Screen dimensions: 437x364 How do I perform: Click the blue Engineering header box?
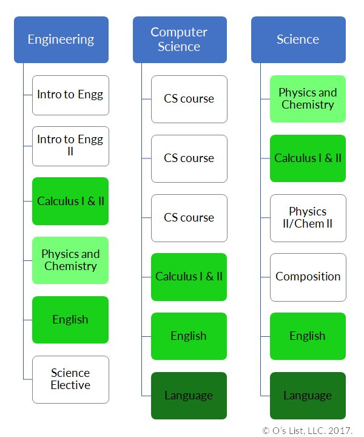(61, 39)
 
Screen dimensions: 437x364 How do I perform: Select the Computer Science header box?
(180, 39)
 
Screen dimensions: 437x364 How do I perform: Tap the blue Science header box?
(298, 39)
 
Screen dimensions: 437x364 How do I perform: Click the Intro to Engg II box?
(70, 146)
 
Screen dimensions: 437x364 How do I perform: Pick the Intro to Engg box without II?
(70, 95)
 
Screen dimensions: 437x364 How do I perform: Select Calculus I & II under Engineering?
(70, 201)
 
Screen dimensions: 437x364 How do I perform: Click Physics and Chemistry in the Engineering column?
(70, 260)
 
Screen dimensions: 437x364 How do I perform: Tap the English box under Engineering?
(70, 320)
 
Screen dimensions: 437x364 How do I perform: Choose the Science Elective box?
(70, 379)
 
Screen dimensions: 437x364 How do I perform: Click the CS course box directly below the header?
(189, 99)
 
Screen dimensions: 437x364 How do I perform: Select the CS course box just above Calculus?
(189, 218)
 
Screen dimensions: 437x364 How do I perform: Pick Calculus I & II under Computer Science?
(189, 277)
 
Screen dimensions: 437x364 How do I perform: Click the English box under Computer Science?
(189, 336)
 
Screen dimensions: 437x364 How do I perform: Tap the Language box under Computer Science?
(189, 396)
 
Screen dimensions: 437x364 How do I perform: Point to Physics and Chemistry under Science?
(308, 99)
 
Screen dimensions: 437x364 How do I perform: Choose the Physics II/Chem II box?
(308, 218)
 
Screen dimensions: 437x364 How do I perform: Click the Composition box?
(308, 277)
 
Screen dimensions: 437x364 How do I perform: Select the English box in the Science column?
(308, 336)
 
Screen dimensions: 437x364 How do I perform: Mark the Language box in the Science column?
(308, 396)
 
